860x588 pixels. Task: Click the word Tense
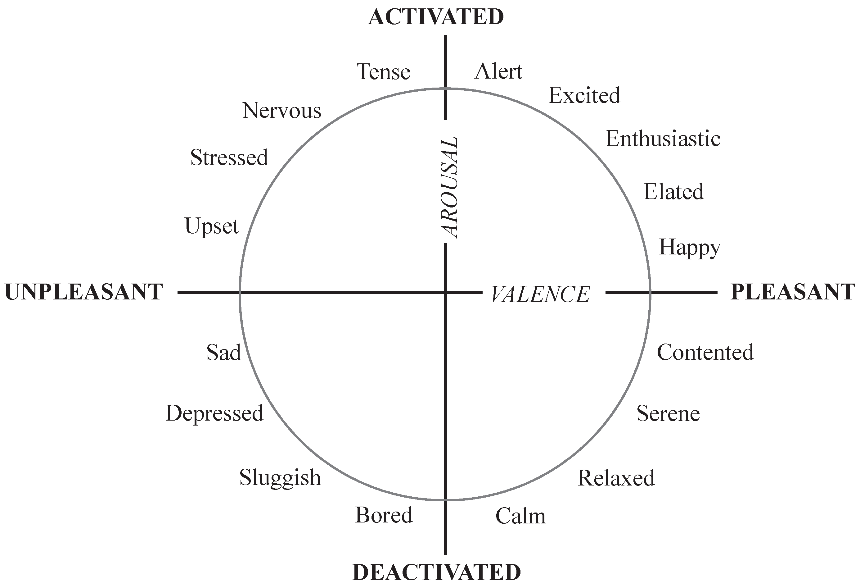tap(384, 72)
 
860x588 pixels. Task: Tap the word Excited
tap(584, 96)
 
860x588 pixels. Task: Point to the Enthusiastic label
tap(663, 139)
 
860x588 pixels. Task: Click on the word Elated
tap(673, 192)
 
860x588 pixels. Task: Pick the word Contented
tap(705, 352)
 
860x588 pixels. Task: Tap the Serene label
tap(668, 414)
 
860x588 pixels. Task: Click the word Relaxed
tap(616, 478)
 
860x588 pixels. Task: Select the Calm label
tap(520, 516)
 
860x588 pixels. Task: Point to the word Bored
tap(384, 515)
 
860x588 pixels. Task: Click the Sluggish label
tap(280, 478)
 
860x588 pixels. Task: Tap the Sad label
tap(223, 352)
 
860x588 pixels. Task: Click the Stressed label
tap(229, 158)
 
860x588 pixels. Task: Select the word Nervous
tap(281, 110)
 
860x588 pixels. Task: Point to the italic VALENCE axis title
tap(540, 295)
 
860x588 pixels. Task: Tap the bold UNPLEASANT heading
tap(84, 292)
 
